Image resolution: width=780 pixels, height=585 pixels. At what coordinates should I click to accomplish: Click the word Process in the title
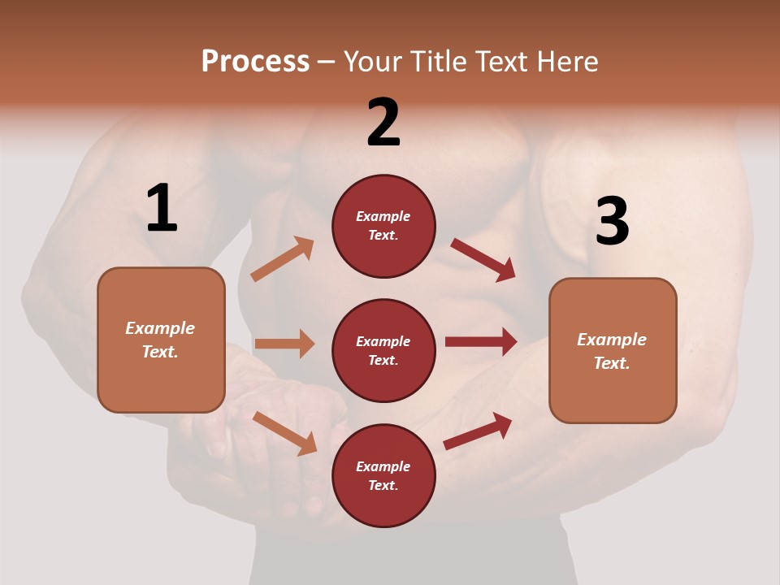click(x=255, y=62)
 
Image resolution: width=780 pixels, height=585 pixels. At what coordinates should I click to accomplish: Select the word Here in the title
click(x=568, y=62)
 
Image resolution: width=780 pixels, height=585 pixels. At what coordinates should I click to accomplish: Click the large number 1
click(x=162, y=209)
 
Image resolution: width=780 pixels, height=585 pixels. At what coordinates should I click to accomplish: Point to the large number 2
click(x=383, y=123)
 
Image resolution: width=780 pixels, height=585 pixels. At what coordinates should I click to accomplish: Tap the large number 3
click(x=612, y=221)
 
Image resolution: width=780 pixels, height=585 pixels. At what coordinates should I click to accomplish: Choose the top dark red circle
click(x=383, y=226)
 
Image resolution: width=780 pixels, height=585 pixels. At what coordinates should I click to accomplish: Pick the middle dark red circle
click(x=383, y=350)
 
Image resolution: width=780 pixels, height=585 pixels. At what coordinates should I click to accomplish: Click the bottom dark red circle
click(x=383, y=475)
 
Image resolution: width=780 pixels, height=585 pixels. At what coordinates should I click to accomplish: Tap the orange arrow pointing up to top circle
click(x=283, y=259)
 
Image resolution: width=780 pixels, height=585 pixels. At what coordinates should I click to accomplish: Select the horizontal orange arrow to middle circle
click(x=284, y=344)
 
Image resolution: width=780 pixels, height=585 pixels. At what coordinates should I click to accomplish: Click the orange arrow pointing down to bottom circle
click(x=284, y=432)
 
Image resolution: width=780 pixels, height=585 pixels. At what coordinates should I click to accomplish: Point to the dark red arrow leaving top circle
click(x=483, y=260)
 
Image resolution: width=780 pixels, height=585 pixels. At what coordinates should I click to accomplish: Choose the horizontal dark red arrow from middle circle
click(x=481, y=341)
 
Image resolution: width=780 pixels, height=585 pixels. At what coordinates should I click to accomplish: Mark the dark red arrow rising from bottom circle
click(x=479, y=431)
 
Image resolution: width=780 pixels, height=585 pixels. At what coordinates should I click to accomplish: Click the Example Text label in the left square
click(x=160, y=340)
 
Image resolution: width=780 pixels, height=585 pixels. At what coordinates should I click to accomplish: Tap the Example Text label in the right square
click(x=612, y=351)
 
